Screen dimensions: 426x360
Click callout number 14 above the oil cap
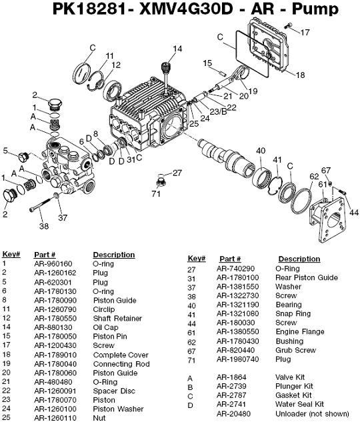point(177,48)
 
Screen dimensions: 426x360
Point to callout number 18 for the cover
point(300,75)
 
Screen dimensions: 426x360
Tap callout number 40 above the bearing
point(261,150)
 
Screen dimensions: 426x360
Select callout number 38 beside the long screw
point(44,226)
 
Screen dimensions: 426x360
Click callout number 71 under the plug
point(155,194)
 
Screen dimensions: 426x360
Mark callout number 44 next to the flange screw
point(354,212)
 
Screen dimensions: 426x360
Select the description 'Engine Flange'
point(301,331)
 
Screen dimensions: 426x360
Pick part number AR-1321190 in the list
point(236,305)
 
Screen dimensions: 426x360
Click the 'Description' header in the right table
point(299,259)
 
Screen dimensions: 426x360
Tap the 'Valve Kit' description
point(291,377)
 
